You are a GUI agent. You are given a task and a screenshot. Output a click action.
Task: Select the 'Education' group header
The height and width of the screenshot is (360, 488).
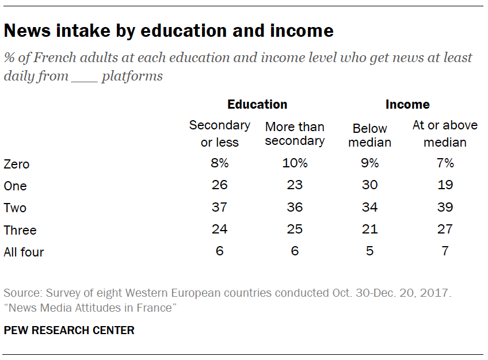(257, 104)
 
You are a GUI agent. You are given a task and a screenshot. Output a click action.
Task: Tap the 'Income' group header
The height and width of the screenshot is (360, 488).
(407, 104)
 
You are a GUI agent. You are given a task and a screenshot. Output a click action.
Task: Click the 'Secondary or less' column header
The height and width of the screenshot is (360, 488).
(219, 133)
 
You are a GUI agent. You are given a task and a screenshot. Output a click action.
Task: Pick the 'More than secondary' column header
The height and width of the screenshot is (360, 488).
(295, 133)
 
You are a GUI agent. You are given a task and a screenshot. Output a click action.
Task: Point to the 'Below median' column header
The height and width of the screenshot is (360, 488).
(369, 135)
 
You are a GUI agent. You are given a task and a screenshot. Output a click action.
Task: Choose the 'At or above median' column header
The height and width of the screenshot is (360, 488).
(445, 133)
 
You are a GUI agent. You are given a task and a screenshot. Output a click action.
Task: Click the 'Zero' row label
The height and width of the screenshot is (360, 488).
(16, 164)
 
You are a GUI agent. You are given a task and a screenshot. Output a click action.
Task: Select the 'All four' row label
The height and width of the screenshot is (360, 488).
(24, 252)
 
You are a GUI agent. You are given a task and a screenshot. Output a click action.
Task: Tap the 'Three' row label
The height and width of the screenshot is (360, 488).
(20, 230)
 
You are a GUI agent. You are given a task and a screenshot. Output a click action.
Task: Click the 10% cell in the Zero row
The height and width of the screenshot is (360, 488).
(295, 163)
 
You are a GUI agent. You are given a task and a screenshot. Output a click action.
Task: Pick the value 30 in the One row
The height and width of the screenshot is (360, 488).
(369, 185)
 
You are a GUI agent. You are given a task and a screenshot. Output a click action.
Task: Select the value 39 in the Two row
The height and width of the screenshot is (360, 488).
(445, 207)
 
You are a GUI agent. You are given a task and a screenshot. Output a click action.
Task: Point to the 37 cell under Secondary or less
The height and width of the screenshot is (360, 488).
(219, 207)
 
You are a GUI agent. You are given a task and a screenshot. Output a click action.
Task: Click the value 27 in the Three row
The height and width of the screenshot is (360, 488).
(445, 229)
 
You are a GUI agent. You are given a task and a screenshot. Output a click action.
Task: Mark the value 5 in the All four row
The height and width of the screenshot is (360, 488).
(369, 251)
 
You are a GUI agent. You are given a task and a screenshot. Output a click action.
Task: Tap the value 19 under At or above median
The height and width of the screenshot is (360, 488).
(445, 185)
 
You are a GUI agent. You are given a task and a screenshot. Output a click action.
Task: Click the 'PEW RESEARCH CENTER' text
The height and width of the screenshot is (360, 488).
(69, 330)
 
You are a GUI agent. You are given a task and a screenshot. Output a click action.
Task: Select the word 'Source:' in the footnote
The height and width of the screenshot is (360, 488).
(21, 293)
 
